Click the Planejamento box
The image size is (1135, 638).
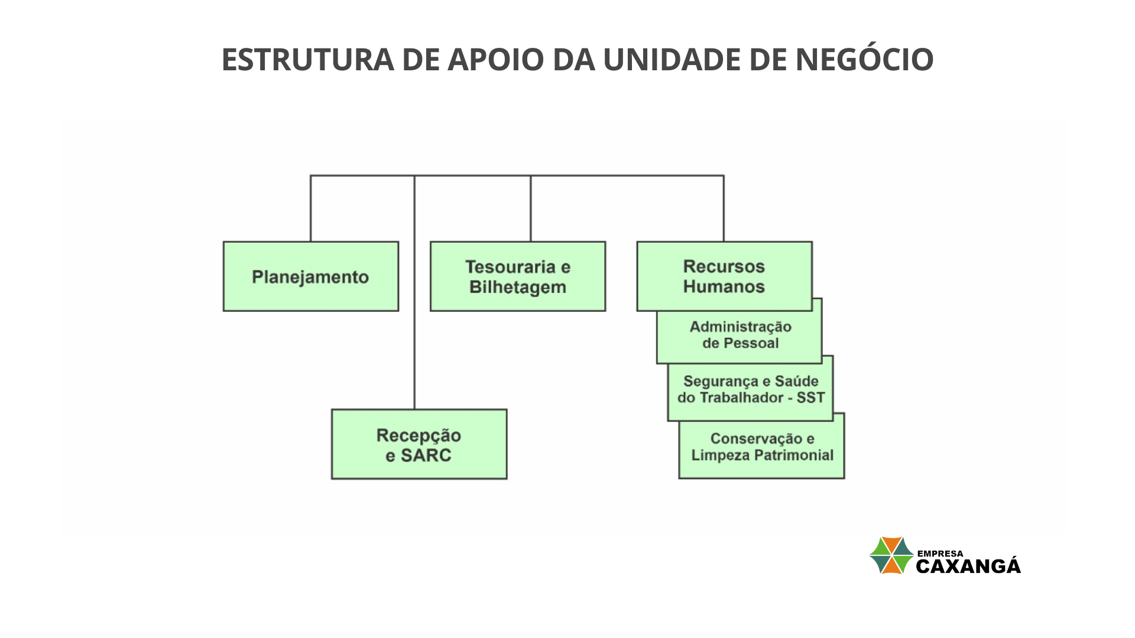311,276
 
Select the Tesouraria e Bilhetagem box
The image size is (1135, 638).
518,276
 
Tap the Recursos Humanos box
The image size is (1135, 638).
724,276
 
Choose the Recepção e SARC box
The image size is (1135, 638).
419,444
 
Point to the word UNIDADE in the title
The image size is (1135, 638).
672,60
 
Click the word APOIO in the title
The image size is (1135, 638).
495,60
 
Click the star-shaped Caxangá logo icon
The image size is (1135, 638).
891,555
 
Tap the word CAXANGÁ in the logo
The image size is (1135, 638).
968,565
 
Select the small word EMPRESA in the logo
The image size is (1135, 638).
940,554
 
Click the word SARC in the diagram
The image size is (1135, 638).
426,455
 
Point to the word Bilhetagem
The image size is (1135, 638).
518,287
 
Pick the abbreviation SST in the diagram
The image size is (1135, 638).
810,398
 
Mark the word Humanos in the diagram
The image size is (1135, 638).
724,287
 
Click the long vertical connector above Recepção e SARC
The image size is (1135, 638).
414,292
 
